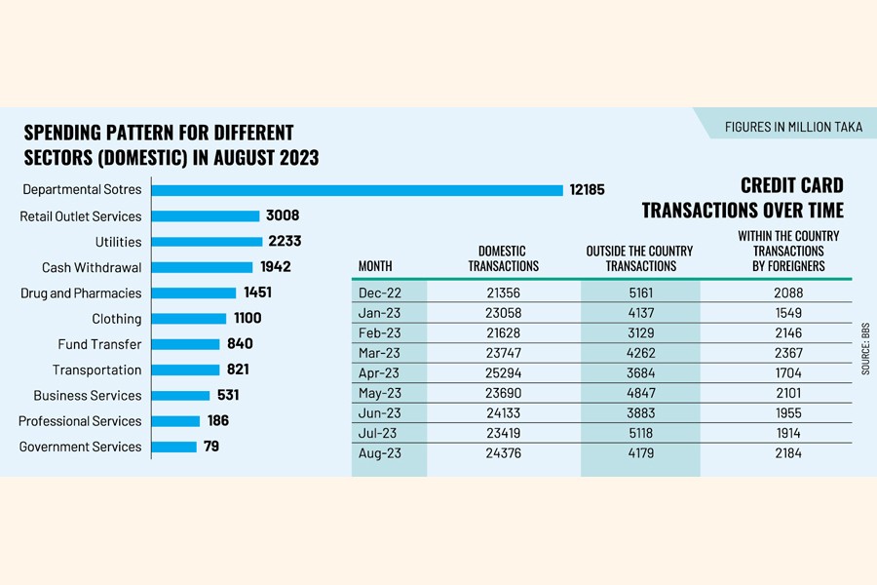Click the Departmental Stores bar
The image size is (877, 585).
pyautogui.click(x=358, y=190)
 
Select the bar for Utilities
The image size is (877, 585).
pyautogui.click(x=208, y=242)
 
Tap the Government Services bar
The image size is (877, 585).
pyautogui.click(x=175, y=447)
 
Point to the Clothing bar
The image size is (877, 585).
pyautogui.click(x=189, y=319)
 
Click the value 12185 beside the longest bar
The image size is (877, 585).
pyautogui.click(x=587, y=190)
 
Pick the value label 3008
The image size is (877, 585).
pyautogui.click(x=283, y=216)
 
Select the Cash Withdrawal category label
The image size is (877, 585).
pyautogui.click(x=92, y=267)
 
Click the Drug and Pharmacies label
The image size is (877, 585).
pyautogui.click(x=81, y=292)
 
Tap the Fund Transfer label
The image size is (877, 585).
pyautogui.click(x=99, y=344)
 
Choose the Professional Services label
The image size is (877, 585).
pyautogui.click(x=80, y=421)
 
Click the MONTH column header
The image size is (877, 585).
pyautogui.click(x=375, y=265)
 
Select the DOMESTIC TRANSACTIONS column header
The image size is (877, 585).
pyautogui.click(x=503, y=258)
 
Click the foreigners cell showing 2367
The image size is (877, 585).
pyautogui.click(x=776, y=354)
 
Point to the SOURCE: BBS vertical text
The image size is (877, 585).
pyautogui.click(x=865, y=349)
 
